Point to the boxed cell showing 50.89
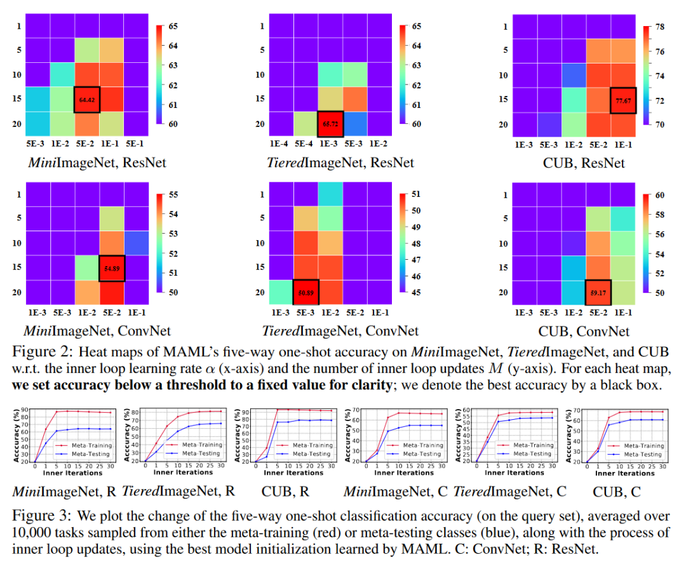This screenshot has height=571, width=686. pos(306,292)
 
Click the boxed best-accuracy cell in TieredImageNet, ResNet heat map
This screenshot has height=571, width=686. pos(331,124)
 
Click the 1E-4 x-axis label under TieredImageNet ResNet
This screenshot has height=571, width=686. pos(281,144)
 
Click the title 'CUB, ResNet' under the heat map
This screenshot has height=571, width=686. pos(584,163)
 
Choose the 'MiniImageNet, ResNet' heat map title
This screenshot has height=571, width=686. pos(97,163)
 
